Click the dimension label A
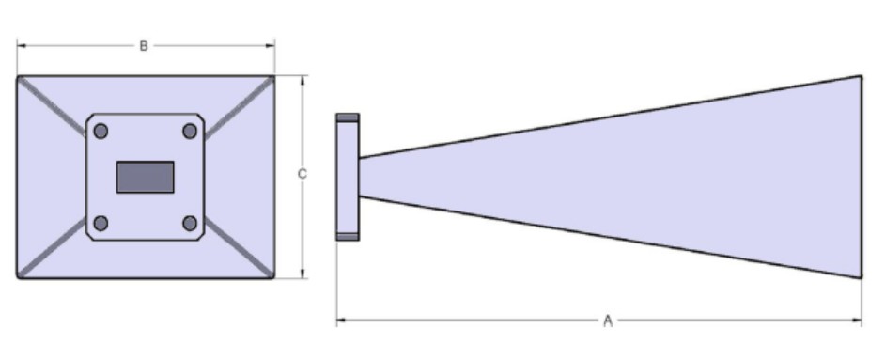[x=607, y=321]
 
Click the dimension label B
[x=144, y=46]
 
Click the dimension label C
[x=302, y=174]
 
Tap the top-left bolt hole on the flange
[x=101, y=132]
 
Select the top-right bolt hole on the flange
[x=190, y=132]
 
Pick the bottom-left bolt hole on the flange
[x=101, y=224]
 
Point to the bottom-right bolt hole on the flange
[x=190, y=224]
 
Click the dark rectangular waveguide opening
[x=145, y=177]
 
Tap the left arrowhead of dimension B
[x=21, y=46]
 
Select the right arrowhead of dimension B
[x=271, y=46]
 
